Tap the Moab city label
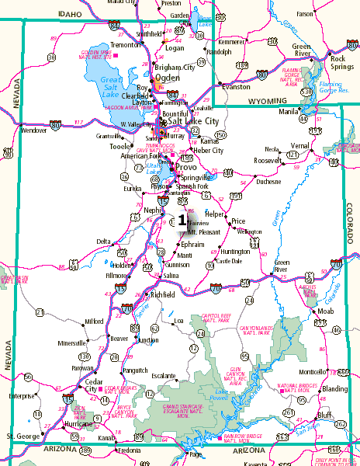point(326,311)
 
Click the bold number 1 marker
point(182,219)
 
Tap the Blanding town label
point(335,388)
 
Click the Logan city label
point(175,47)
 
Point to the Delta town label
point(103,242)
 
